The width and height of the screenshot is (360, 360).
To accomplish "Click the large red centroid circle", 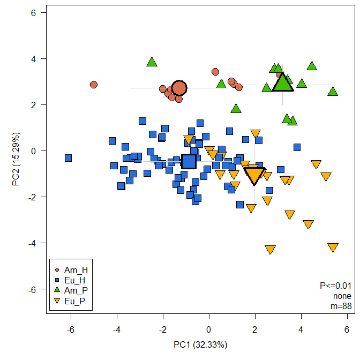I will click(179, 88).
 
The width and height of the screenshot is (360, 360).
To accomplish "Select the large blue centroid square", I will click(189, 161).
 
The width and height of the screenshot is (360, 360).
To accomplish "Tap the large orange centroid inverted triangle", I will click(254, 175).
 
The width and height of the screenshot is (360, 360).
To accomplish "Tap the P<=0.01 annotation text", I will click(335, 286).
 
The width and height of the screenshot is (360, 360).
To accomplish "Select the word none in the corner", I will click(342, 296).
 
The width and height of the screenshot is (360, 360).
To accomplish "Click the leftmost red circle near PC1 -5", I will click(94, 85).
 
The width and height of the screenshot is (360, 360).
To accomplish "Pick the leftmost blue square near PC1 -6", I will click(68, 158).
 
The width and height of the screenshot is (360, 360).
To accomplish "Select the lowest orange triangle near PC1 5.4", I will click(333, 247).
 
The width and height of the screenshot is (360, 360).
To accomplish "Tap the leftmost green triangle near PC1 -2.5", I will click(152, 62).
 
